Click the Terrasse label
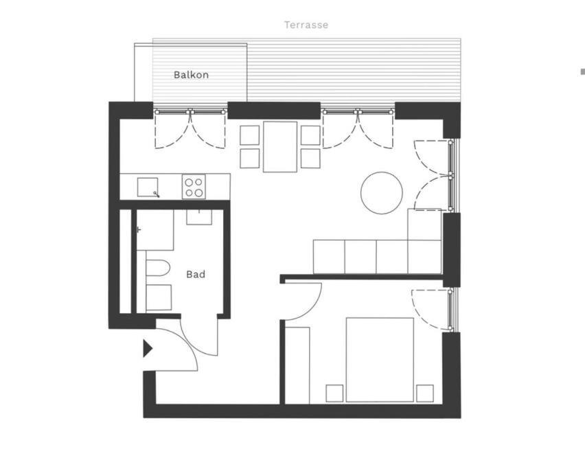click(306, 25)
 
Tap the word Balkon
click(191, 75)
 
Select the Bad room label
click(196, 275)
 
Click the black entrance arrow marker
click(148, 348)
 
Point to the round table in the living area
click(382, 193)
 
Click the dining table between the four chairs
click(280, 147)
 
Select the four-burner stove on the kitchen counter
click(194, 187)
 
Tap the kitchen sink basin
click(148, 187)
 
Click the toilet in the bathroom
click(158, 268)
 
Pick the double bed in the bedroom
click(380, 360)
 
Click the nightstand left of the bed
click(334, 393)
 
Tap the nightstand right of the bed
click(425, 393)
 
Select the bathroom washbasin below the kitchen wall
click(199, 217)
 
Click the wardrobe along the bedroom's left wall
click(297, 365)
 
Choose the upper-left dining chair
click(250, 135)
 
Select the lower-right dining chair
click(310, 159)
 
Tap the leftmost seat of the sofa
click(329, 257)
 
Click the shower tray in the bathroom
click(154, 230)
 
